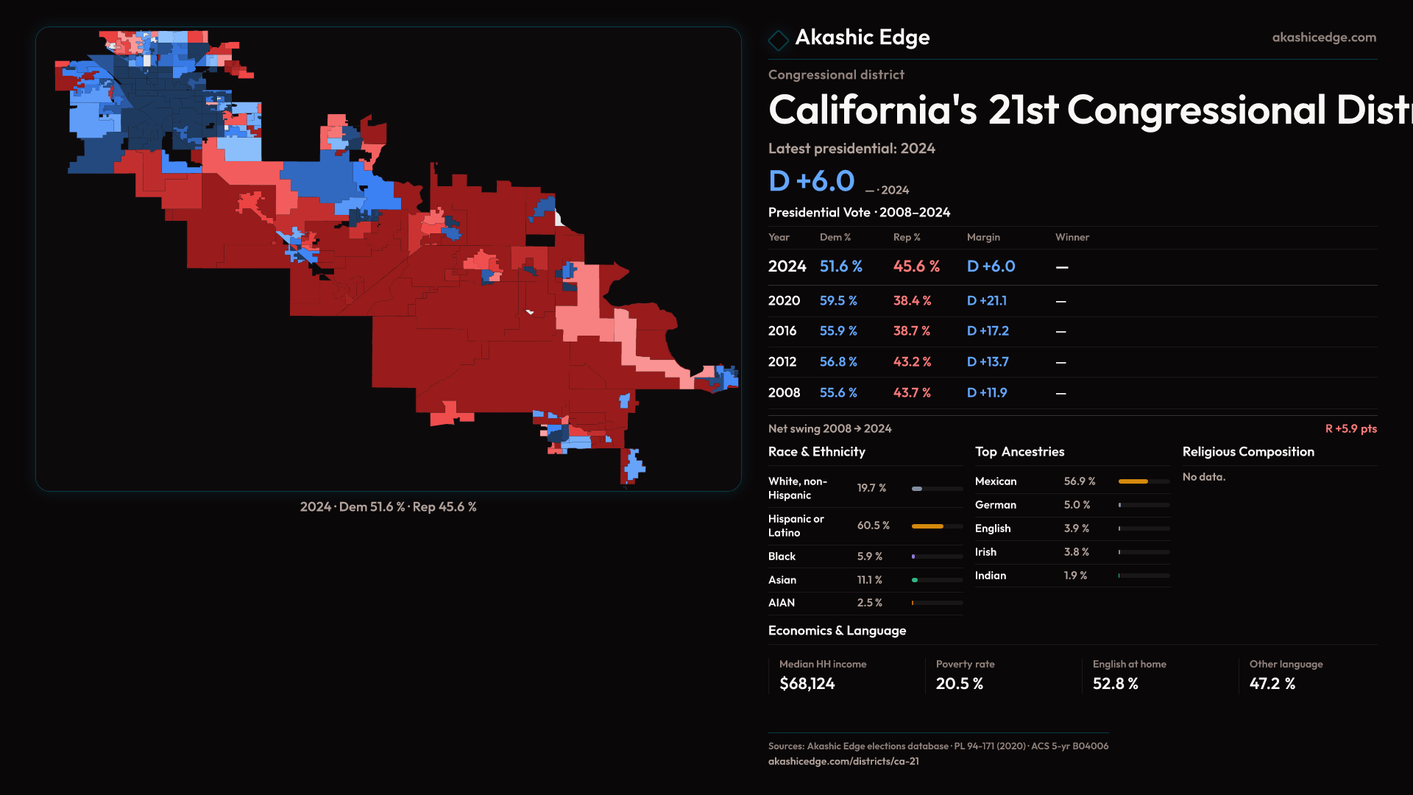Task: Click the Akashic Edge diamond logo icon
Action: pyautogui.click(x=778, y=40)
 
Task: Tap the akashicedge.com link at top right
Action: pyautogui.click(x=1323, y=38)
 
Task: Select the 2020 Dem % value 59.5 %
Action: pyautogui.click(x=838, y=301)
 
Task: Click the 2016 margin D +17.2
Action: pyautogui.click(x=988, y=331)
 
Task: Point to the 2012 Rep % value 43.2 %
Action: pyautogui.click(x=912, y=362)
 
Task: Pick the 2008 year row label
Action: pyautogui.click(x=784, y=393)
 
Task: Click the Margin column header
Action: pyautogui.click(x=983, y=237)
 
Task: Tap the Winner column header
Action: pyautogui.click(x=1072, y=237)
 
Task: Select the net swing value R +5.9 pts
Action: pyautogui.click(x=1350, y=428)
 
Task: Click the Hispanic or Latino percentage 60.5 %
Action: pyautogui.click(x=873, y=526)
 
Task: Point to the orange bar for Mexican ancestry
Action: pyautogui.click(x=1133, y=481)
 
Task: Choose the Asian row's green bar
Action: pyautogui.click(x=915, y=580)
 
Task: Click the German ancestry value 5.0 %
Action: pyautogui.click(x=1077, y=505)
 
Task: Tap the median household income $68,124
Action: pyautogui.click(x=807, y=684)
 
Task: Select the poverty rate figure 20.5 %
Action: pyautogui.click(x=959, y=684)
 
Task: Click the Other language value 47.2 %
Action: pyautogui.click(x=1272, y=684)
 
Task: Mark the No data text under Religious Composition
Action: pyautogui.click(x=1203, y=477)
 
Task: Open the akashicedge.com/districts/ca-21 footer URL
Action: pyautogui.click(x=843, y=761)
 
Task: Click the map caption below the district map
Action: pyautogui.click(x=388, y=507)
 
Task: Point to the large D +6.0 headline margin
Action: pyautogui.click(x=811, y=181)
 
